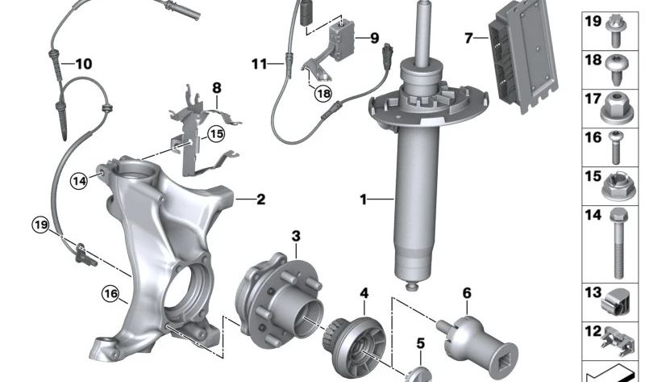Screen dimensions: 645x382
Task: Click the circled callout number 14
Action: point(79,181)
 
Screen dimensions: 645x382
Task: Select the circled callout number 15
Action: point(216,134)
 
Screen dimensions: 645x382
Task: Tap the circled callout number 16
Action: point(111,294)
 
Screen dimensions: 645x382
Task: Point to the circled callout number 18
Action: point(323,94)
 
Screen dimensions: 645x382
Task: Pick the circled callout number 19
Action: point(41,225)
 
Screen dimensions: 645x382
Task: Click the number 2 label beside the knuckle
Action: point(260,199)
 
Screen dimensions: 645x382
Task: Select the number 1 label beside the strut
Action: point(363,199)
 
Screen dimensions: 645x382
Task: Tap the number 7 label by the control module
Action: point(468,38)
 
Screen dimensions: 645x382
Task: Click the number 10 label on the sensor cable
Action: point(84,64)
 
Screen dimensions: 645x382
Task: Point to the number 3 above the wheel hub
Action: point(296,237)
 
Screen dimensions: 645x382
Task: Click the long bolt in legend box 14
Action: point(618,243)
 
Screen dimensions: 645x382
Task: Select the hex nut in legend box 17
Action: point(617,109)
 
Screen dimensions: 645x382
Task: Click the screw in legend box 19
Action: point(615,31)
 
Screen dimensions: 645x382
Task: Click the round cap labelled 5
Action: point(418,374)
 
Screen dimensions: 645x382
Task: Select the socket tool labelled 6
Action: point(477,343)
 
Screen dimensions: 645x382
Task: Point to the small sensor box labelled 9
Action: point(340,37)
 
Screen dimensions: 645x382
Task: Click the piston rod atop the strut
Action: point(425,34)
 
